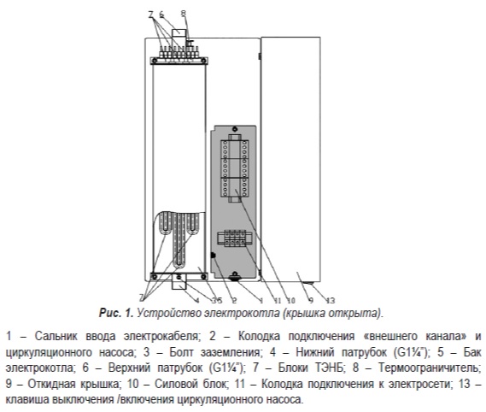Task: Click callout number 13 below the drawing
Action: point(331,300)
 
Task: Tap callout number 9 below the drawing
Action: point(311,300)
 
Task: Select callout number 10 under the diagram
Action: point(290,300)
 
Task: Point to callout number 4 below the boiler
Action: point(196,300)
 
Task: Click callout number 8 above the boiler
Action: point(184,14)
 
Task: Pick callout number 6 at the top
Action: point(161,15)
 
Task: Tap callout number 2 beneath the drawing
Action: point(234,300)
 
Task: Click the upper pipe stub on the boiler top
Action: point(179,34)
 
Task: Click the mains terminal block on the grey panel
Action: point(235,238)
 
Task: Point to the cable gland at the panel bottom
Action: point(235,277)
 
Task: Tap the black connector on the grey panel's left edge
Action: point(214,256)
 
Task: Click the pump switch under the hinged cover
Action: point(308,283)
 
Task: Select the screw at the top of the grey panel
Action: point(235,129)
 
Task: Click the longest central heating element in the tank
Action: point(179,240)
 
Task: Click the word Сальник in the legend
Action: point(56,336)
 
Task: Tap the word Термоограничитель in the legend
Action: point(430,368)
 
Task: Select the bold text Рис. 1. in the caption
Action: point(116,313)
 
